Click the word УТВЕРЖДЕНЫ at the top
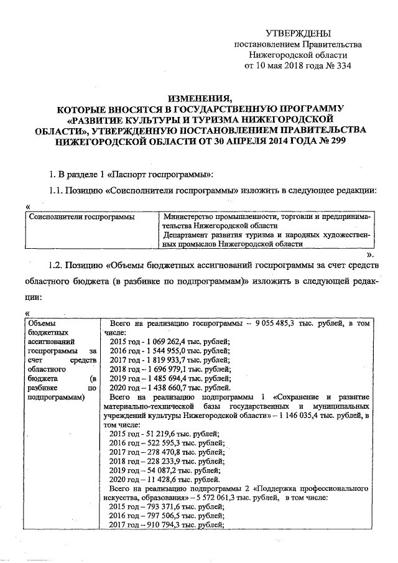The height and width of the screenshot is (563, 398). (x=298, y=33)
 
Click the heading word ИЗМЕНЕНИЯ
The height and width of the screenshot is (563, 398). (x=199, y=98)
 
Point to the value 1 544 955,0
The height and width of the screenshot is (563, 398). (x=163, y=350)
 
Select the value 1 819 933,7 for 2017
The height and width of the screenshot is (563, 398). (x=163, y=360)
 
